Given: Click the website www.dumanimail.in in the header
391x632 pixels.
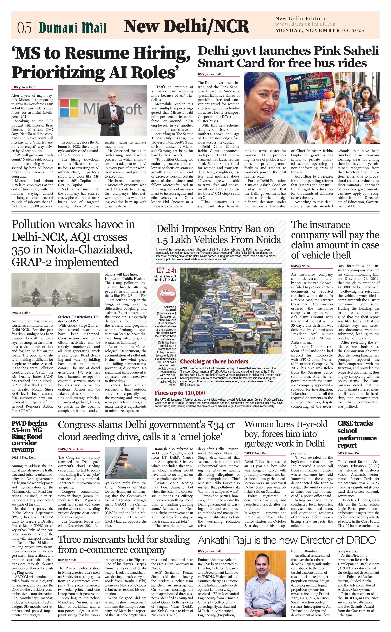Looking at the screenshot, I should click(305, 24).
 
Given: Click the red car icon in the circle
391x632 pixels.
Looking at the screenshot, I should click(167, 293).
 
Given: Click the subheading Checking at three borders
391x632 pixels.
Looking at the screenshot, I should click(214, 362).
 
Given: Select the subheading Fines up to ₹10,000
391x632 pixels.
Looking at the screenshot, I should click(180, 393).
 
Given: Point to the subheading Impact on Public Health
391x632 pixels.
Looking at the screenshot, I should click(125, 278).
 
